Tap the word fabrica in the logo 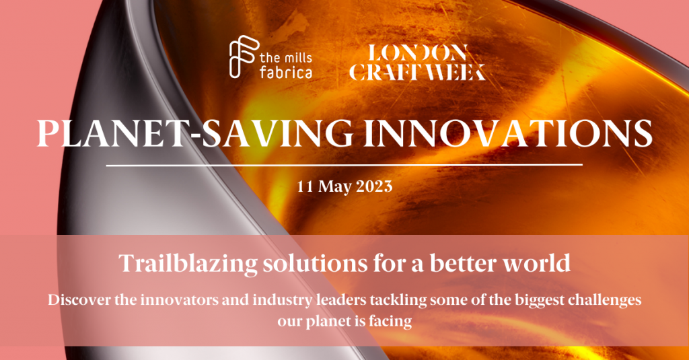coord(285,71)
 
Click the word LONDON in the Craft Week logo coord(417,53)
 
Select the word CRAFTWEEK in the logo coord(417,71)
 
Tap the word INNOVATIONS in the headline coord(507,133)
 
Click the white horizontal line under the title coord(344,166)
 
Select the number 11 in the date coord(305,186)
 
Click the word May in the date coord(335,187)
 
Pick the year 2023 coord(374,186)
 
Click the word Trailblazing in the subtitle coord(188,263)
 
